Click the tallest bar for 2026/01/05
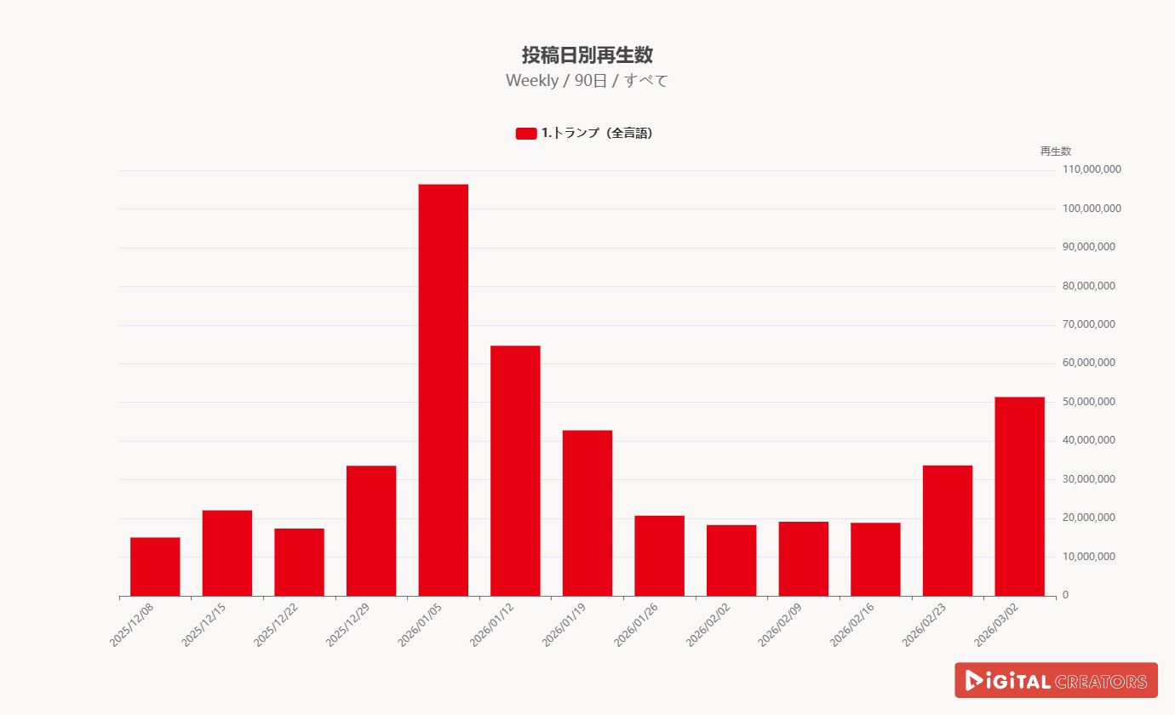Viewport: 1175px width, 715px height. [x=443, y=390]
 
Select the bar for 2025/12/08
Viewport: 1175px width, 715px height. [x=155, y=567]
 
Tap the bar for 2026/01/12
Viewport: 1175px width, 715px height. [x=515, y=471]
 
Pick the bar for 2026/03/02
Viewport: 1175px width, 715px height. [x=1019, y=496]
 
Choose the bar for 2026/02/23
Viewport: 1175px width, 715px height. [x=947, y=530]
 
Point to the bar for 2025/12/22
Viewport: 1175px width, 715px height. [x=299, y=562]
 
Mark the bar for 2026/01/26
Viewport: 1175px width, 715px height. [x=659, y=556]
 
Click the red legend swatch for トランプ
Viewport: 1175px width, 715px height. [x=526, y=134]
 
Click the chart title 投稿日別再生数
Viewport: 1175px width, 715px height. [x=587, y=55]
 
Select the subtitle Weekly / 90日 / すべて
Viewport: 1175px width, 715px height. [x=587, y=81]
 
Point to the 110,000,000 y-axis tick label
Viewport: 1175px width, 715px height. [x=1092, y=170]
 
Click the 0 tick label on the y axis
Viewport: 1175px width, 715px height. [x=1065, y=595]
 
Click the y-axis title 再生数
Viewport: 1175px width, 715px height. [x=1055, y=152]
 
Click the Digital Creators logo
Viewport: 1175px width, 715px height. [x=1056, y=681]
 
